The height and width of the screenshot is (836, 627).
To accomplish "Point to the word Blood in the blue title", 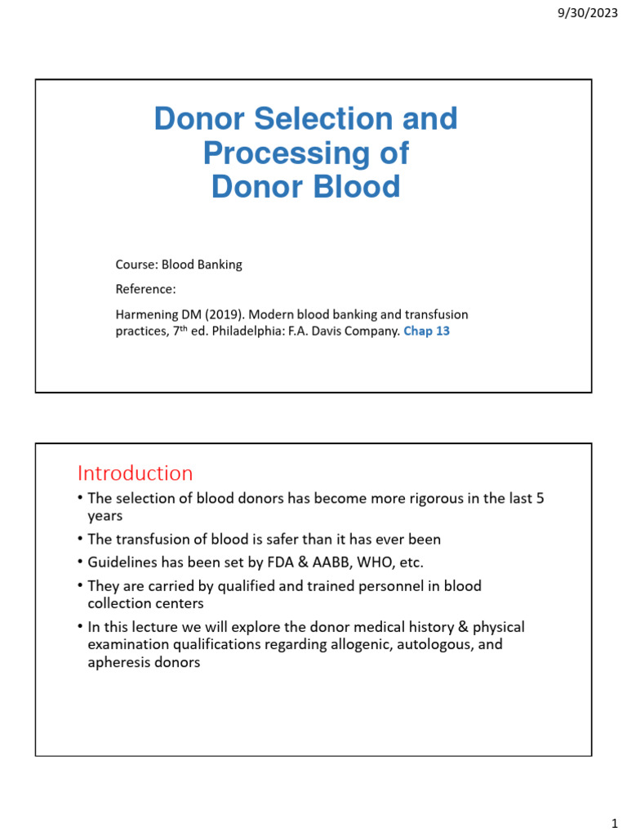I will tap(354, 187).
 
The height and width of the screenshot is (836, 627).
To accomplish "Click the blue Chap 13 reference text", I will tap(426, 331).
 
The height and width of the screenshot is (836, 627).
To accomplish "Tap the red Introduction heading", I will tap(135, 474).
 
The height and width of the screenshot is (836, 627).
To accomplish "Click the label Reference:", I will tap(145, 289).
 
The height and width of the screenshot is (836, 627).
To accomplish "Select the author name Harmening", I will tap(149, 314).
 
